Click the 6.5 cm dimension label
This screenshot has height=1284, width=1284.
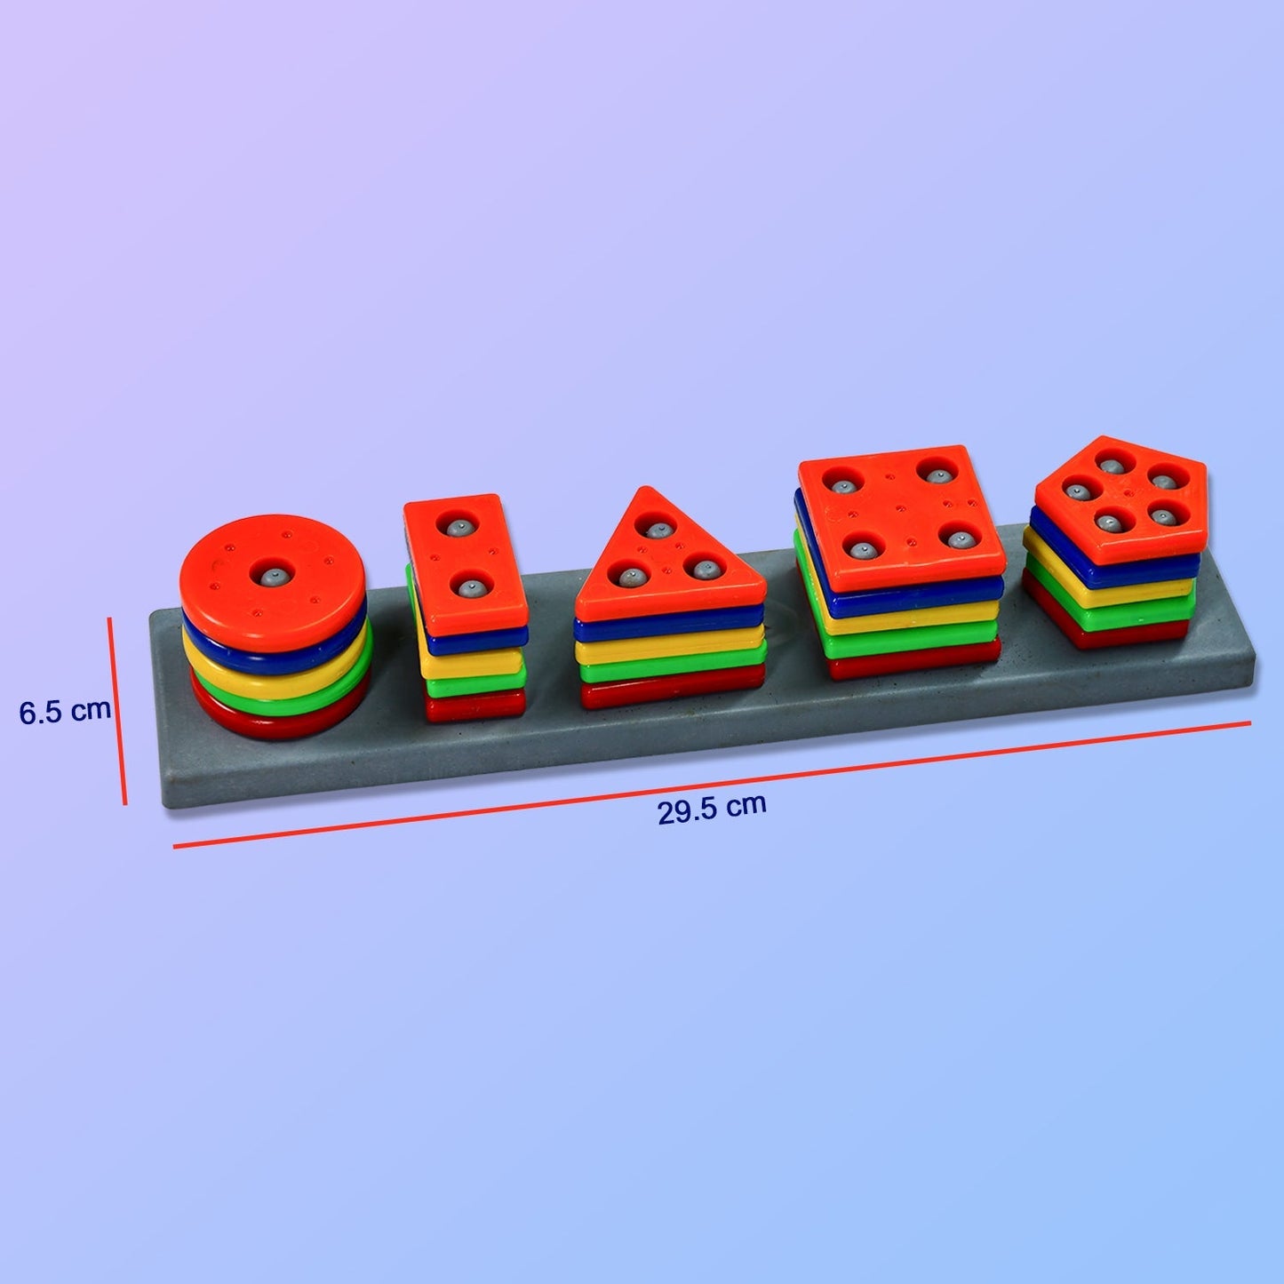(x=65, y=711)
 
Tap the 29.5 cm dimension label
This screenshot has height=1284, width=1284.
(x=712, y=809)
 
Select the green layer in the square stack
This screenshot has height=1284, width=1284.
(x=906, y=642)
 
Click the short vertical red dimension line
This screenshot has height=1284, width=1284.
(x=117, y=711)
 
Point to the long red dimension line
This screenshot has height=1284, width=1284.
(x=711, y=785)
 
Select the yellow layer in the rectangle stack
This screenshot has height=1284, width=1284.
(x=471, y=662)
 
